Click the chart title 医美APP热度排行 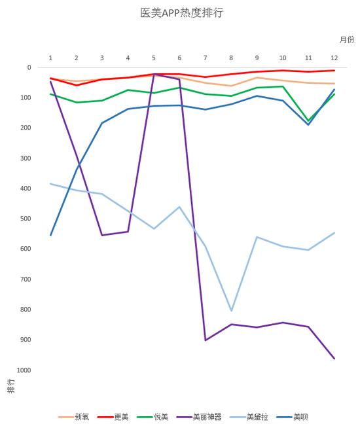pyautogui.click(x=181, y=12)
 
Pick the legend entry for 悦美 pyautogui.click(x=160, y=416)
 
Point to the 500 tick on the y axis pyautogui.click(x=26, y=219)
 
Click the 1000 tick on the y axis pyautogui.click(x=24, y=370)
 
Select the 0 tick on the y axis pyautogui.click(x=29, y=67)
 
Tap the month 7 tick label pyautogui.click(x=206, y=58)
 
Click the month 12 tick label pyautogui.click(x=334, y=58)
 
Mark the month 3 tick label pyautogui.click(x=102, y=58)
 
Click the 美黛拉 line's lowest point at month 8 pyautogui.click(x=231, y=311)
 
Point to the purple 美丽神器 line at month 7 pyautogui.click(x=206, y=340)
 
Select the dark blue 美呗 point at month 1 pyautogui.click(x=50, y=236)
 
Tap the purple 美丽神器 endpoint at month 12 pyautogui.click(x=334, y=359)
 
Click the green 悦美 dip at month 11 pyautogui.click(x=308, y=121)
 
